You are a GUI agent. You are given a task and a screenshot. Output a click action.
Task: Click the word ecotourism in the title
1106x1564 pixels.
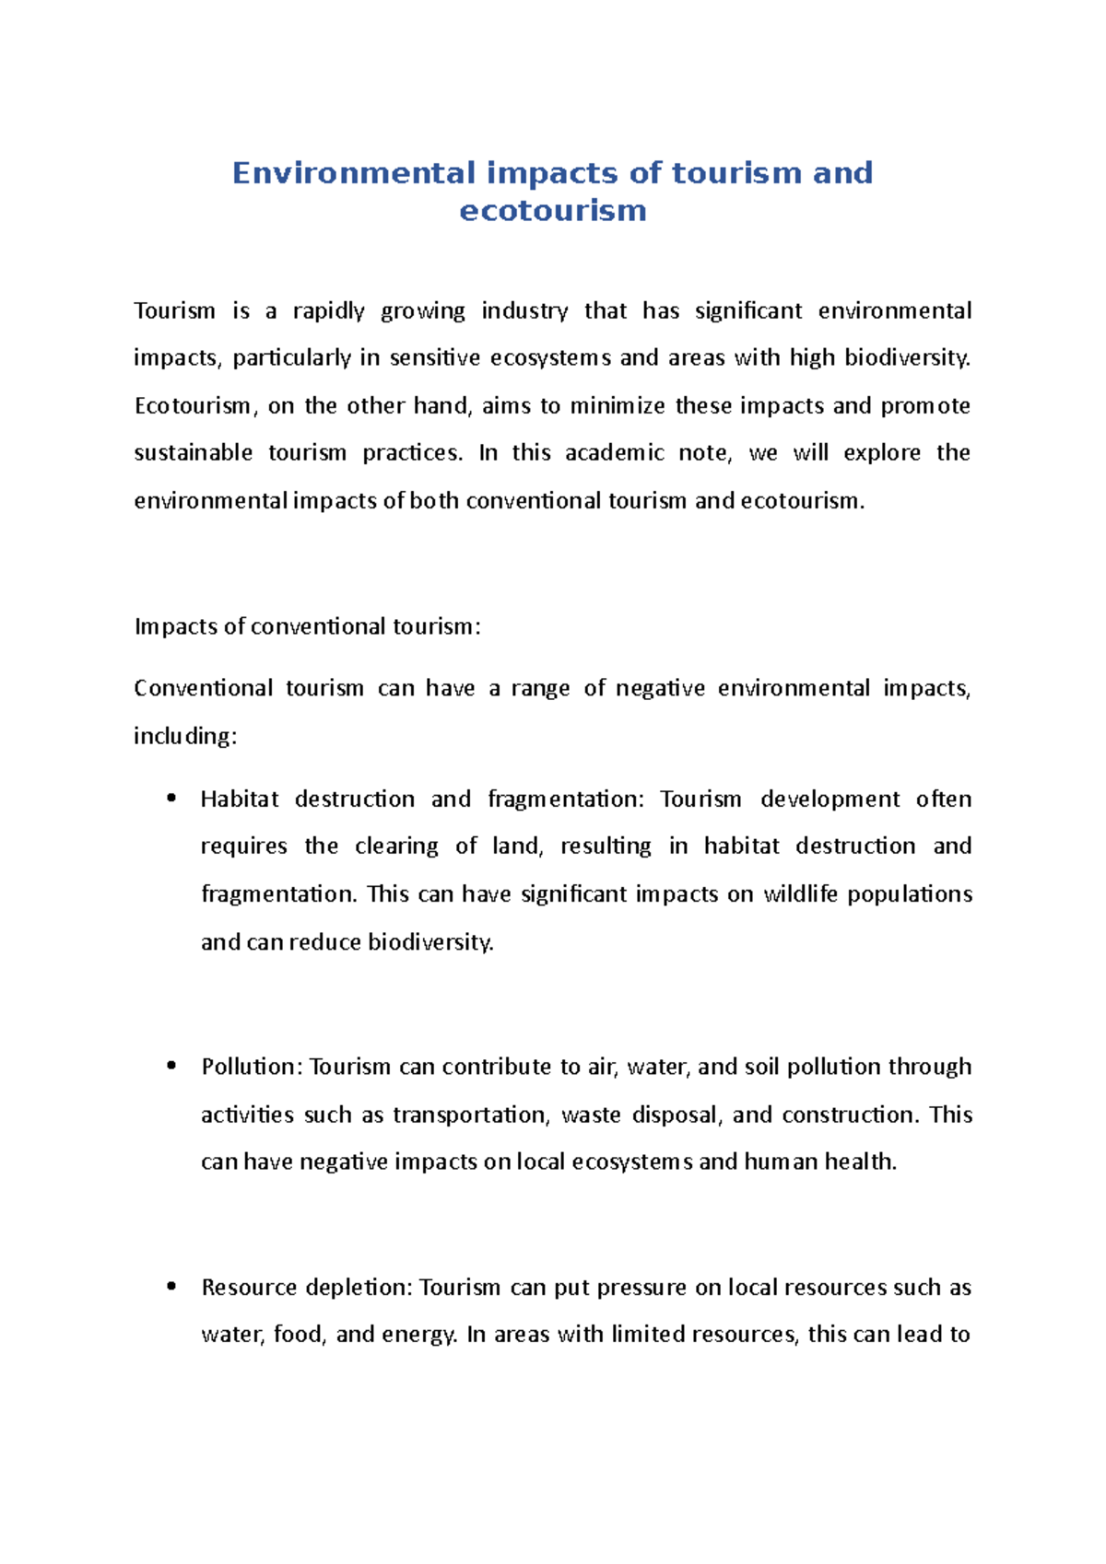click(552, 211)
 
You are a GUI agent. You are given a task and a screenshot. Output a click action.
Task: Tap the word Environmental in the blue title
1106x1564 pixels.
click(354, 173)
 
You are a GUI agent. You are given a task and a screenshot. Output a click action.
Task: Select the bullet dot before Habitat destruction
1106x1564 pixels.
click(171, 799)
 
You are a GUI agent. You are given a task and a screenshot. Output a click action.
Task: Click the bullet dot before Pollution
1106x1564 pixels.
click(171, 1066)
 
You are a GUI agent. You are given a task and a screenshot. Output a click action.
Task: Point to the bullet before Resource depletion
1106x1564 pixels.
click(171, 1287)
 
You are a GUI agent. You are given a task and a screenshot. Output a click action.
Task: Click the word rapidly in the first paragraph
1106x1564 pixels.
click(328, 311)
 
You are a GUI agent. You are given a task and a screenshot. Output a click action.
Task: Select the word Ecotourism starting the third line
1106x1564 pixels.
click(193, 406)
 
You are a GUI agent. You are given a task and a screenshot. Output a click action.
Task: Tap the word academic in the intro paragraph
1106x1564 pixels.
click(614, 453)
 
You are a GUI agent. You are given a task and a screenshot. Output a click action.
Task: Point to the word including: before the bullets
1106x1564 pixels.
click(185, 737)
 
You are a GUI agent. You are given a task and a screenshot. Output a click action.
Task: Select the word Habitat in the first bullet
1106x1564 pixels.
click(239, 800)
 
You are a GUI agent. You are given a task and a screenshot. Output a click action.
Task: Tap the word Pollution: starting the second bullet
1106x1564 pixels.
click(252, 1067)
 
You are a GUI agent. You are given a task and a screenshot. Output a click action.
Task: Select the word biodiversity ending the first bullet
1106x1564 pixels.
click(430, 942)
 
